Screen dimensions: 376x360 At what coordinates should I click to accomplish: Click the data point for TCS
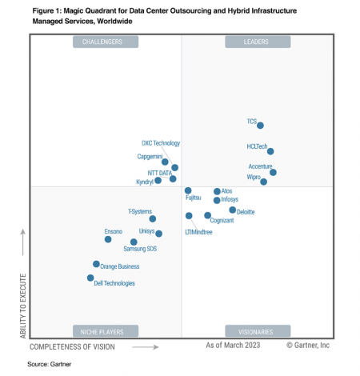click(261, 125)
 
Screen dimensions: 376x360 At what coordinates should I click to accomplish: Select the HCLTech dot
click(270, 151)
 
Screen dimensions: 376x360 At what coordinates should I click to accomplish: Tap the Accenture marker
click(273, 172)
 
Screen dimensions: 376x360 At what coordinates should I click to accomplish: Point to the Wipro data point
click(264, 182)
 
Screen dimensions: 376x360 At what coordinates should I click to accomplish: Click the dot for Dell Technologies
click(90, 278)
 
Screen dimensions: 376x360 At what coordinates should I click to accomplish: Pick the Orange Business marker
click(96, 263)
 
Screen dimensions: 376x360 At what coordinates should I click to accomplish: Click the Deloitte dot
click(233, 210)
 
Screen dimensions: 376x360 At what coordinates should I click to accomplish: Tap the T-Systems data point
click(152, 218)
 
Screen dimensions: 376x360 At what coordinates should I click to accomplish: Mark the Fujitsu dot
click(188, 191)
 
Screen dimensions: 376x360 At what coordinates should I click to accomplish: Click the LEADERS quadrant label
click(256, 42)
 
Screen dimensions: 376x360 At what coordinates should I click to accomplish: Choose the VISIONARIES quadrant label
click(256, 330)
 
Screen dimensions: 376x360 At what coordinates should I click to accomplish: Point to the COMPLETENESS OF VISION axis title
click(72, 346)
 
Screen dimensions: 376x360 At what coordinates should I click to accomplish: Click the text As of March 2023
click(233, 346)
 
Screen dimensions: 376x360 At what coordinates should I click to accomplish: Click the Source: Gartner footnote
click(48, 364)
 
